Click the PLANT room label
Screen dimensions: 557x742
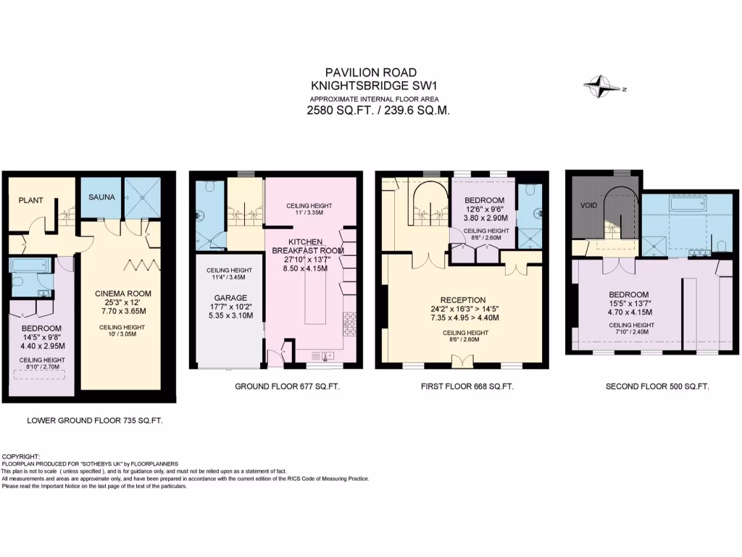pyautogui.click(x=32, y=199)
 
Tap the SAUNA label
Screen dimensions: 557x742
pyautogui.click(x=101, y=197)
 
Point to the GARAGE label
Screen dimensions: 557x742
pyautogui.click(x=230, y=297)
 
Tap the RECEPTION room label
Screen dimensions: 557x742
pyautogui.click(x=463, y=300)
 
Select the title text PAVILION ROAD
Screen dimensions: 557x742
pyautogui.click(x=370, y=72)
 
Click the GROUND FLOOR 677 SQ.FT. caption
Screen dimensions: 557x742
pyautogui.click(x=287, y=387)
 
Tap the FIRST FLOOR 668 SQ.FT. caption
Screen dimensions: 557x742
pyautogui.click(x=467, y=387)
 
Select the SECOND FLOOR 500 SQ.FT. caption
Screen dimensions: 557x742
pyautogui.click(x=657, y=387)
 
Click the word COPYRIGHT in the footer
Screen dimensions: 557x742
pyautogui.click(x=22, y=457)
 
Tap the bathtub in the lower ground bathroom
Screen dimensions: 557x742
pyautogui.click(x=30, y=264)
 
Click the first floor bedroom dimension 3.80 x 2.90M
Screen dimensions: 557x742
pyautogui.click(x=485, y=218)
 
